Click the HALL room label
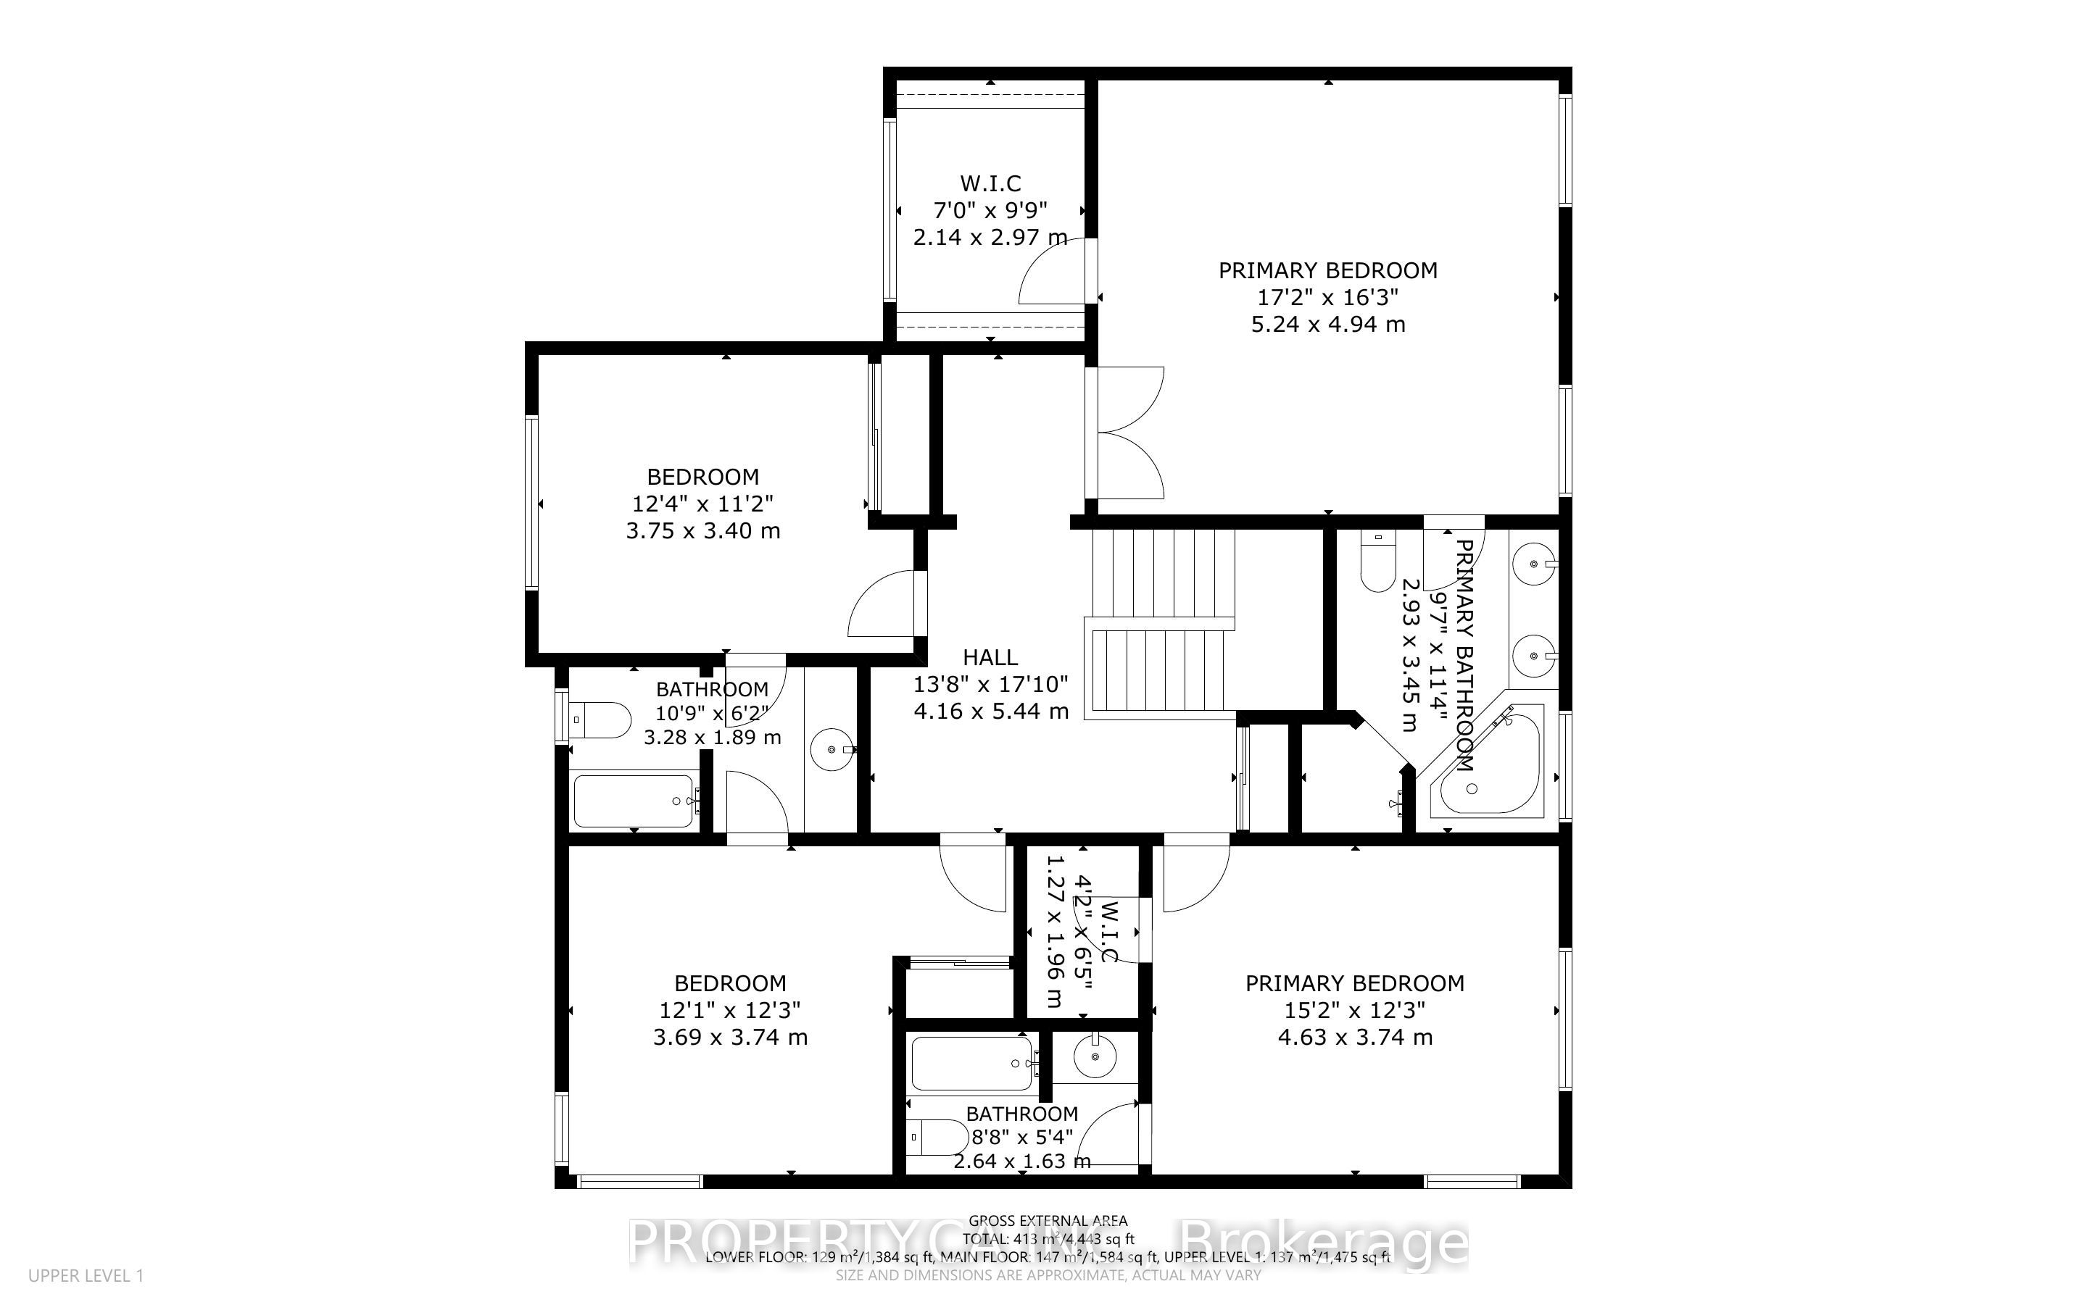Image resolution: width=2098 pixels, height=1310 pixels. tap(990, 658)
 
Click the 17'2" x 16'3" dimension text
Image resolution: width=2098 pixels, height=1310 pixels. tap(1327, 297)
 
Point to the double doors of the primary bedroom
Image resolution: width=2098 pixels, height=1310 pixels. tap(1127, 433)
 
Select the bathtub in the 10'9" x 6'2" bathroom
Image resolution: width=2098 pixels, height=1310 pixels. tap(634, 801)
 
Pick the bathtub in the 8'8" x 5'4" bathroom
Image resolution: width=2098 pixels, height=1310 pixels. tap(972, 1063)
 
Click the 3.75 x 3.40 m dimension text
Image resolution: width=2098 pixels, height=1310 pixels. tap(702, 530)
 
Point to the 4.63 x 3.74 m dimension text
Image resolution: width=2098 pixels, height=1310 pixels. tap(1354, 1037)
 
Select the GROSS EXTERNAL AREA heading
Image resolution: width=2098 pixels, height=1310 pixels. tap(1048, 1222)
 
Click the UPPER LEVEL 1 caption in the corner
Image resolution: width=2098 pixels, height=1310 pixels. tap(86, 1276)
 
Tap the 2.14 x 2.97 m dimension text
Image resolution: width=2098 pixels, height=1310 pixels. tap(990, 236)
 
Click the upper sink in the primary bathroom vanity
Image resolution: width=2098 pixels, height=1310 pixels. tap(1534, 564)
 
